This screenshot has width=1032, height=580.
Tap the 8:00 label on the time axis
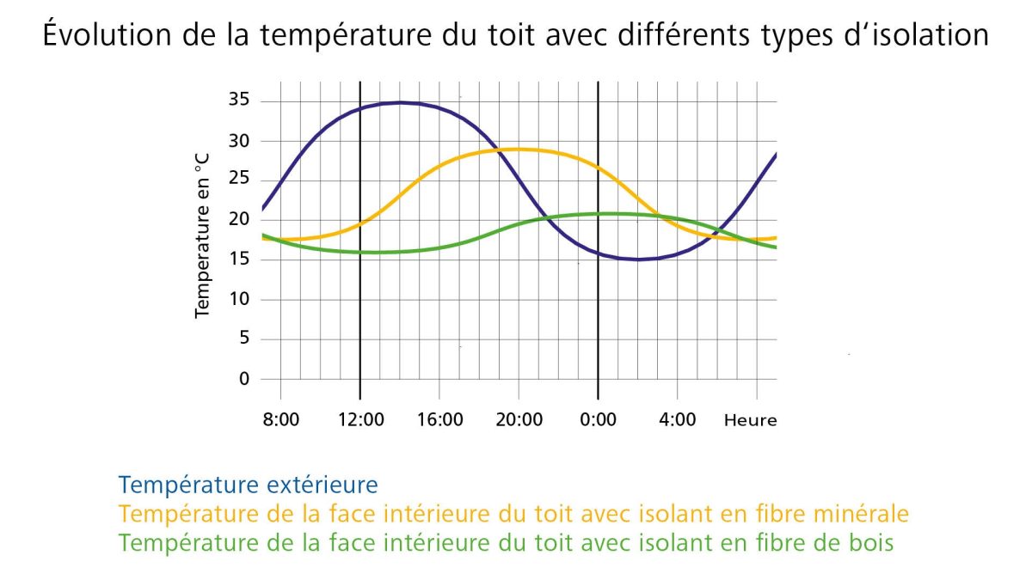point(280,420)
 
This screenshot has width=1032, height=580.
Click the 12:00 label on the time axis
point(360,420)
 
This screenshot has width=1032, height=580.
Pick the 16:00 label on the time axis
point(439,420)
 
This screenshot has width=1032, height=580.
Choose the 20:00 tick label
point(519,420)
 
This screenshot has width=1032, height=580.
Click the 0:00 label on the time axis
point(599,420)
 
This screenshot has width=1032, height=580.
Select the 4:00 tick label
point(678,420)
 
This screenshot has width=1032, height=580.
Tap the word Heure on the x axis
point(750,420)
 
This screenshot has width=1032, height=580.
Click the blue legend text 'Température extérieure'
point(249,485)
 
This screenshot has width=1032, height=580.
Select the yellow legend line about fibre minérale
point(514,514)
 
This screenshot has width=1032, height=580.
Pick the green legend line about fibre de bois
point(507,543)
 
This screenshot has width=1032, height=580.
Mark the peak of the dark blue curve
point(400,102)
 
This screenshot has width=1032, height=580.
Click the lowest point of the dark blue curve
point(638,259)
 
